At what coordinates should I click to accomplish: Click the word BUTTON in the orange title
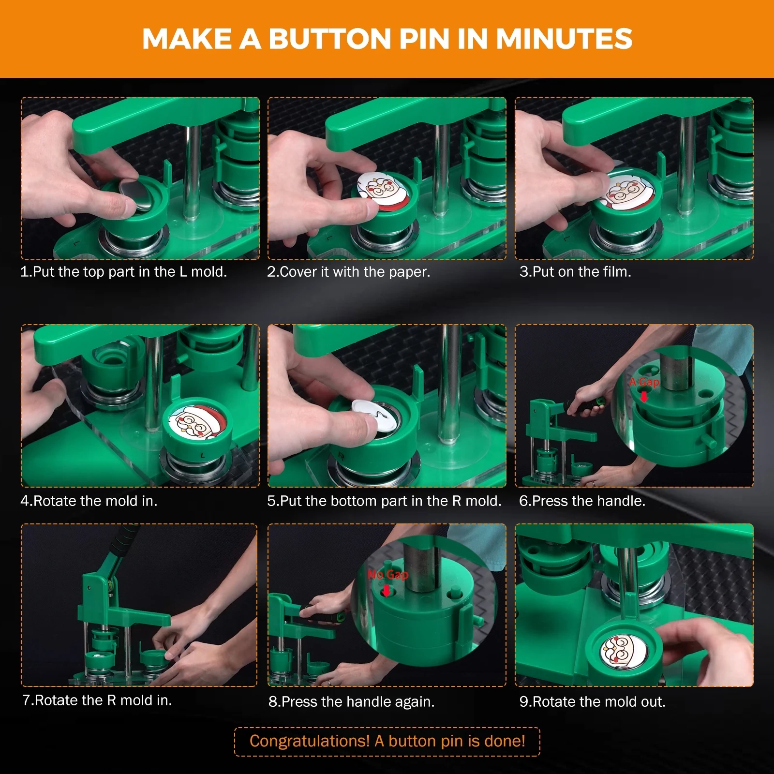click(x=329, y=39)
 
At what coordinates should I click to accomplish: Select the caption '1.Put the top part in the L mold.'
click(x=123, y=272)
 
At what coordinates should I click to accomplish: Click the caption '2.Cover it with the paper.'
click(x=348, y=272)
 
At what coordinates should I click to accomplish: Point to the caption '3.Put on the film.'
click(x=575, y=272)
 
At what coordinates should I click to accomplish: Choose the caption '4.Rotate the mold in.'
click(x=89, y=501)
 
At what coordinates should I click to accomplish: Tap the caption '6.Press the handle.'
click(x=582, y=501)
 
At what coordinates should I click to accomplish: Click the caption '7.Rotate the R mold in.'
click(x=97, y=700)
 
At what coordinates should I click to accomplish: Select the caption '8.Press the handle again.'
click(x=352, y=701)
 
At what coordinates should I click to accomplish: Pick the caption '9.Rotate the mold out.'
click(x=593, y=701)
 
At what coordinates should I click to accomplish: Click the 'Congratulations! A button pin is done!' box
click(x=387, y=741)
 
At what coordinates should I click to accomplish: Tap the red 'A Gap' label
click(x=644, y=382)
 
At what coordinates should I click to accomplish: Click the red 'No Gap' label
click(x=388, y=575)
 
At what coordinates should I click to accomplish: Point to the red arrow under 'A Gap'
click(x=644, y=397)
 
